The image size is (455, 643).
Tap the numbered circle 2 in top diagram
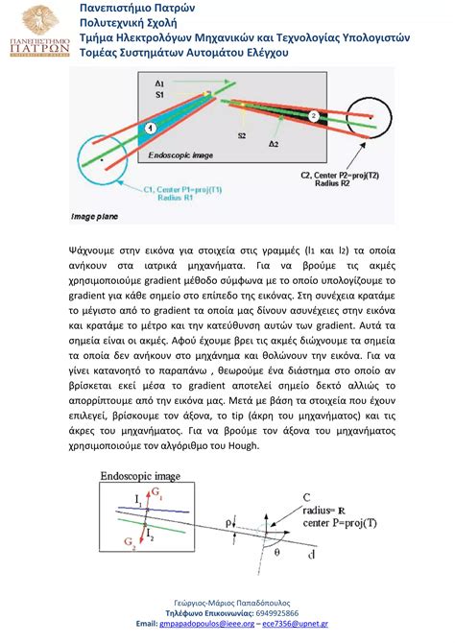313,115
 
